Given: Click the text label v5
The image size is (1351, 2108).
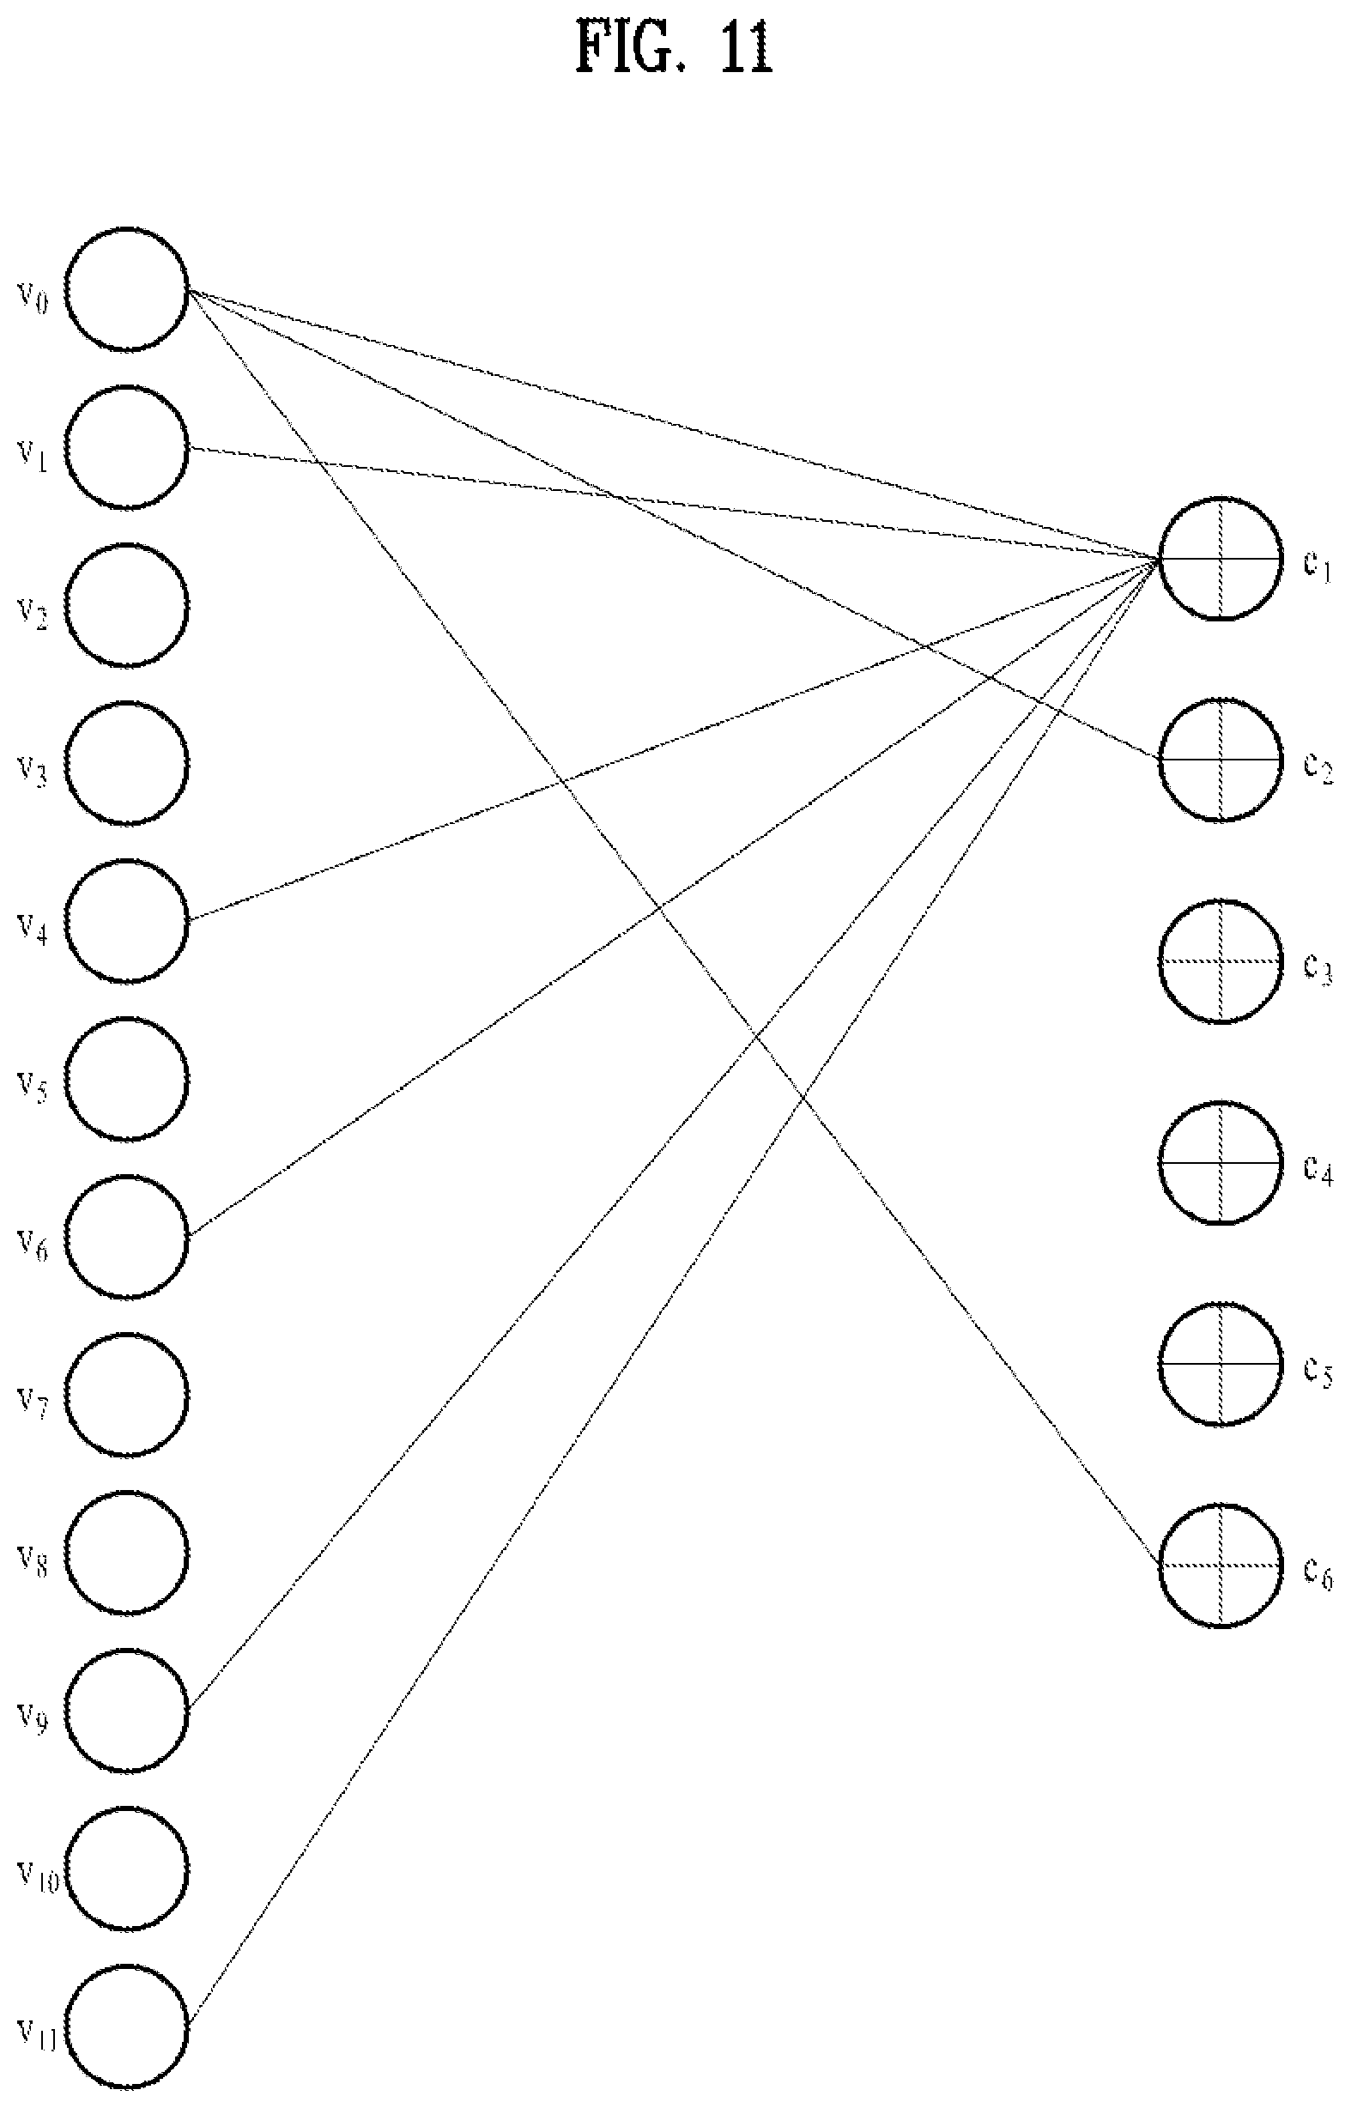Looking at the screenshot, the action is (33, 1087).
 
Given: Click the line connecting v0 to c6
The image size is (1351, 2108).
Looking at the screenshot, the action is (673, 927).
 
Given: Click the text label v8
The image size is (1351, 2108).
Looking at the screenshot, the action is (33, 1560).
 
